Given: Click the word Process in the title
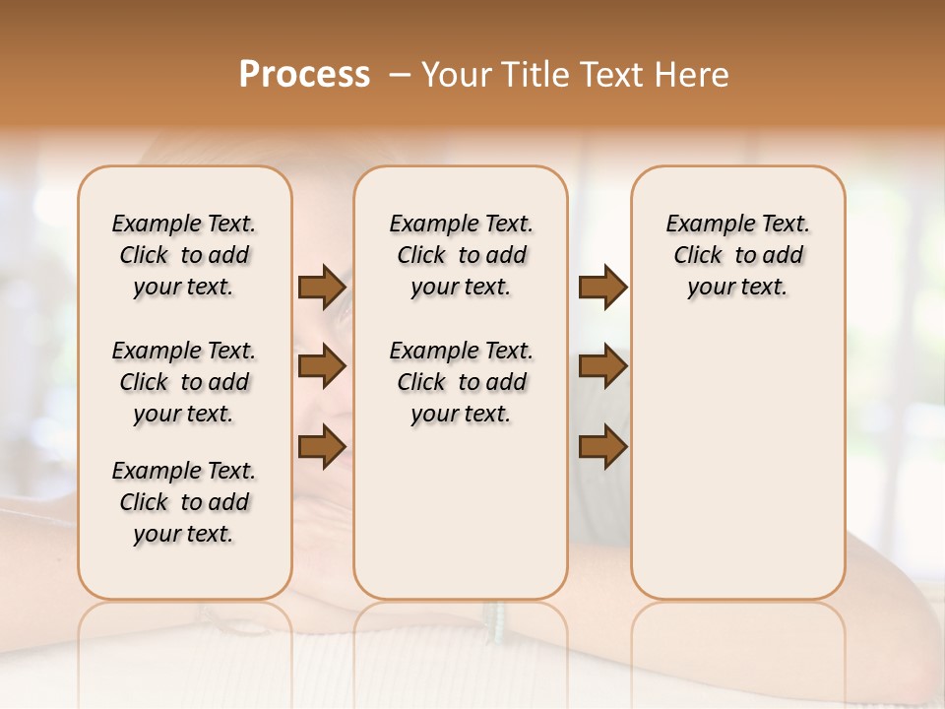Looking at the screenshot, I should [x=304, y=74].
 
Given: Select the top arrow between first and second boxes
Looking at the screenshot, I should [x=322, y=287].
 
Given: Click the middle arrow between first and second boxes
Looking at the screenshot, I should [x=322, y=366].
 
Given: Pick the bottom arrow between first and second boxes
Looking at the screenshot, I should [x=322, y=446].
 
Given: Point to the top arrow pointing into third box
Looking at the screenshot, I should [x=602, y=287].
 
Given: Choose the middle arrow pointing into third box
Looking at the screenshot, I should [x=602, y=366].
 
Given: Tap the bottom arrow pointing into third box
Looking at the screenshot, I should [x=602, y=446].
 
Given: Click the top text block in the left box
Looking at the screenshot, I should [x=184, y=255].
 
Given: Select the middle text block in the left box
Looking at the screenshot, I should [x=184, y=382].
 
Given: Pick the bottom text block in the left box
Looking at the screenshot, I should [x=184, y=502].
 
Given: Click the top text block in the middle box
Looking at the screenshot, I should [x=461, y=255].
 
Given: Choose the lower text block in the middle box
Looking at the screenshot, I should [x=461, y=382].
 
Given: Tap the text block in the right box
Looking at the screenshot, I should [x=737, y=255].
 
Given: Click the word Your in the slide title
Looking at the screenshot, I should [x=456, y=74].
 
